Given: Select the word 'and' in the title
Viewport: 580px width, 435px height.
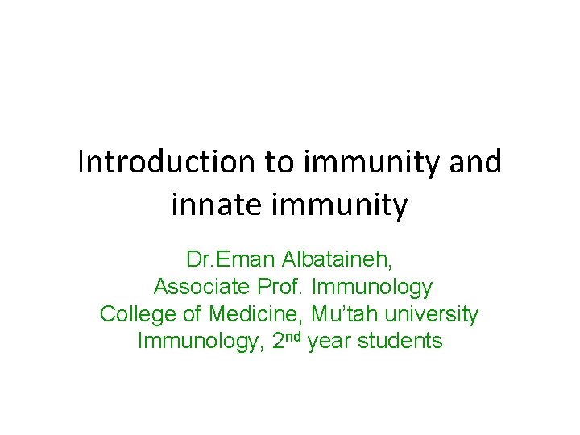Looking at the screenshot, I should [x=475, y=162].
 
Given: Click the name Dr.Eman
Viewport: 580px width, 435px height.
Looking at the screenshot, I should [x=220, y=260].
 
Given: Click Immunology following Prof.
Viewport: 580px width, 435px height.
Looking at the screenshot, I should [x=373, y=287].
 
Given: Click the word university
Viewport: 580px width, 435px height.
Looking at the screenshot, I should [x=424, y=313].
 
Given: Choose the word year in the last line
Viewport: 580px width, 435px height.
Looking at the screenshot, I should [x=329, y=341].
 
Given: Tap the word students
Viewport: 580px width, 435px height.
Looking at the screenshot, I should [x=400, y=341].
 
